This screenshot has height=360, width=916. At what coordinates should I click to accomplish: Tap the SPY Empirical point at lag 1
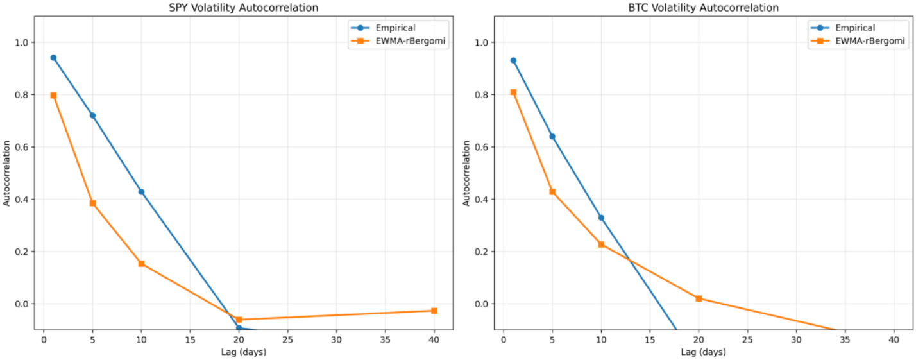pyautogui.click(x=53, y=58)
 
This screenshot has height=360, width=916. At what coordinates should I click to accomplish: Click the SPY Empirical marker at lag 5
pyautogui.click(x=92, y=116)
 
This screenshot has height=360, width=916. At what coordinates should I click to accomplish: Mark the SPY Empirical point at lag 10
pyautogui.click(x=141, y=191)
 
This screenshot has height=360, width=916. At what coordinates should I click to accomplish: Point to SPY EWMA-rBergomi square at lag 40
pyautogui.click(x=434, y=311)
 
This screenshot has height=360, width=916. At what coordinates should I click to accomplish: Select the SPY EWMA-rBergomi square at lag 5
pyautogui.click(x=92, y=203)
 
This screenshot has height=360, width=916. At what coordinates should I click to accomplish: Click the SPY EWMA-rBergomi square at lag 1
pyautogui.click(x=53, y=96)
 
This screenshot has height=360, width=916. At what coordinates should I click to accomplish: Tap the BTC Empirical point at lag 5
pyautogui.click(x=552, y=136)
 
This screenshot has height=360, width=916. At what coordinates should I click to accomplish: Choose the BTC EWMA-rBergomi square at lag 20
pyautogui.click(x=699, y=298)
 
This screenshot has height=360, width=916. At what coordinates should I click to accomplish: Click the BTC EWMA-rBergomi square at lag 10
pyautogui.click(x=601, y=244)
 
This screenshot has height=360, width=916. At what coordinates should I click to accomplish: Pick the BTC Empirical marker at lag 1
pyautogui.click(x=513, y=60)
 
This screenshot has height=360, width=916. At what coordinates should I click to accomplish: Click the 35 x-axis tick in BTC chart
pyautogui.click(x=845, y=340)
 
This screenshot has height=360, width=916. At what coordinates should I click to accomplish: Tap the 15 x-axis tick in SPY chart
pyautogui.click(x=190, y=340)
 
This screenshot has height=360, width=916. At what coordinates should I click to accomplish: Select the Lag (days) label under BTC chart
pyautogui.click(x=703, y=352)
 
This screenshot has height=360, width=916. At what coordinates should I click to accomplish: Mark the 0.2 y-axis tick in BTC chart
pyautogui.click(x=486, y=252)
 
